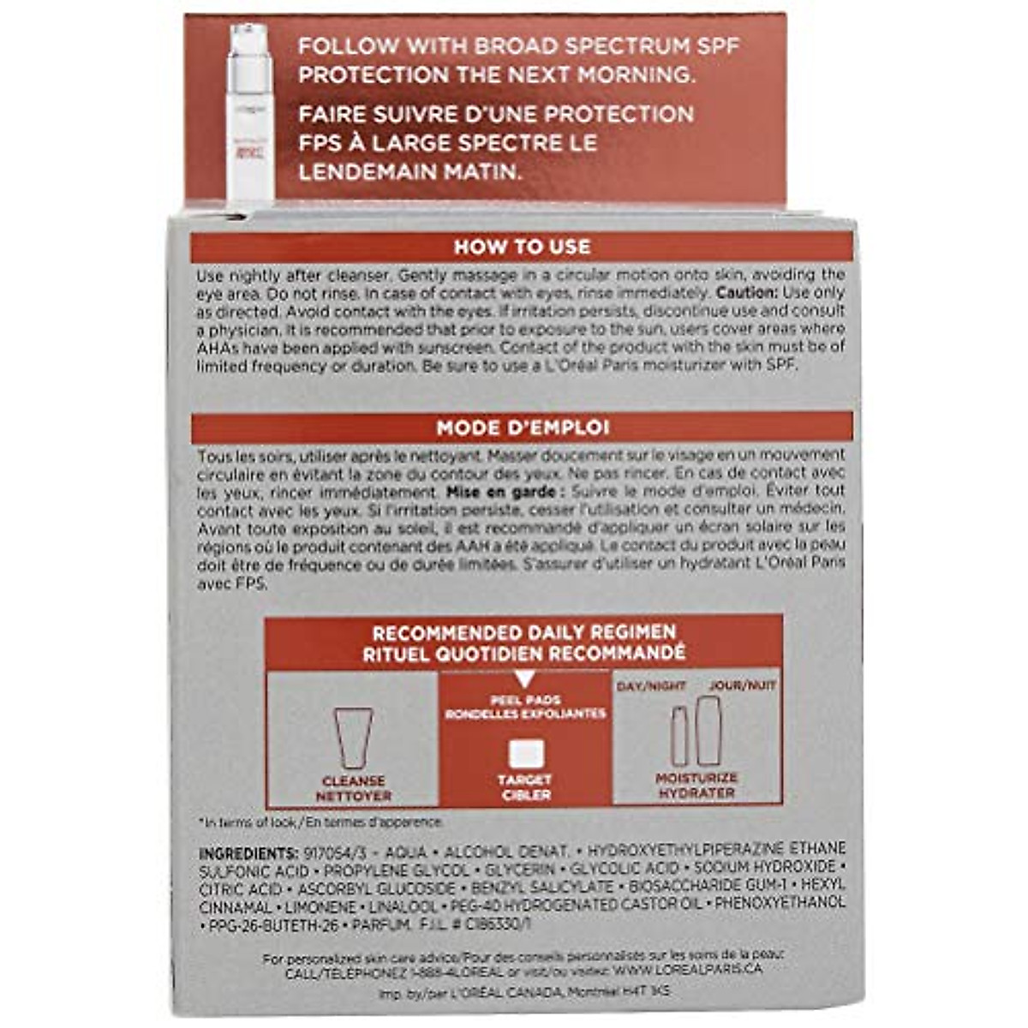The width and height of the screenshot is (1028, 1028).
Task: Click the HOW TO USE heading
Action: point(522,247)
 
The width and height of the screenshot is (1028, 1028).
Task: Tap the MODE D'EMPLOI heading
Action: point(522,427)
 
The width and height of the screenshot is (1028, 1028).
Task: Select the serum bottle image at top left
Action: point(249,111)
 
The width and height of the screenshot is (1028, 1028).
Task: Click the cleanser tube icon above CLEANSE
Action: point(353,738)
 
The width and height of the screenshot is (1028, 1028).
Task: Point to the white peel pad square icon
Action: point(525,754)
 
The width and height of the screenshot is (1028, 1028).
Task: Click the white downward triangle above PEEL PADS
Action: point(525,680)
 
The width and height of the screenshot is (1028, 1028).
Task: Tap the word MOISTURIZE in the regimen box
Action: point(696,778)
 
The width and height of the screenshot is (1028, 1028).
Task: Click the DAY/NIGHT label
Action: point(651,686)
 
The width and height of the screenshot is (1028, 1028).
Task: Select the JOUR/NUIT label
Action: point(742,686)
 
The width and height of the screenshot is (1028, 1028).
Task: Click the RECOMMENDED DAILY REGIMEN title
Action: point(524,633)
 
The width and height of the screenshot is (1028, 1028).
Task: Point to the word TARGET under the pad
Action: point(525,780)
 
